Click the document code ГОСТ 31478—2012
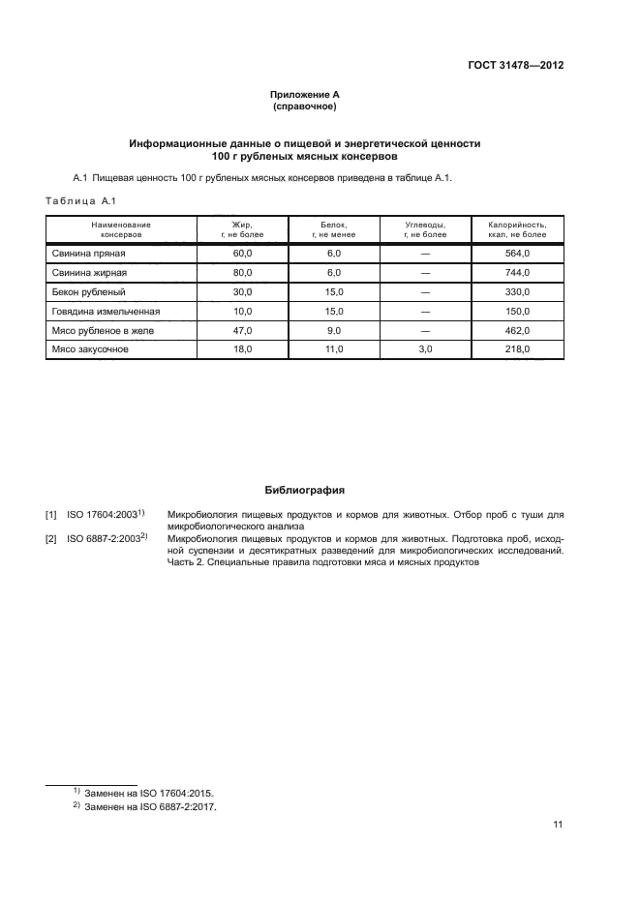513,66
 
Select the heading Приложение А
305,94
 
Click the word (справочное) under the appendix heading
305,106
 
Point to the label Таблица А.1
80,200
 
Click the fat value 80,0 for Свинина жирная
242,273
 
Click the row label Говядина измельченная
106,311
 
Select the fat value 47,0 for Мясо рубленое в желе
242,330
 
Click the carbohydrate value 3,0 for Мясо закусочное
425,349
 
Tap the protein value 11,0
333,349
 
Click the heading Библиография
305,490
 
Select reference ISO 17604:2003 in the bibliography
103,514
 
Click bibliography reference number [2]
51,537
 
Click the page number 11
558,825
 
